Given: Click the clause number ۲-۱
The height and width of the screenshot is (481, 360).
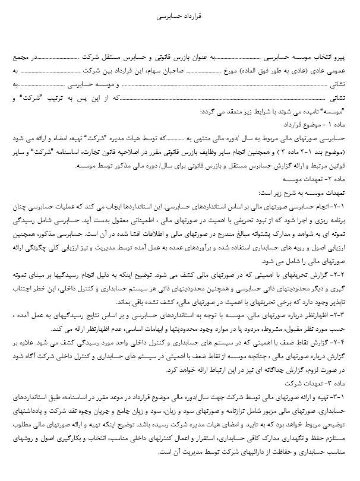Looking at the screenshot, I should click(x=343, y=204).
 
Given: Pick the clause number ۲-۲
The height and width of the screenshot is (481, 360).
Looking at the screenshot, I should click(x=343, y=276).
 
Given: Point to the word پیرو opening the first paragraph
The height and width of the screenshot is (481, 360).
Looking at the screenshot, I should click(x=343, y=59).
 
